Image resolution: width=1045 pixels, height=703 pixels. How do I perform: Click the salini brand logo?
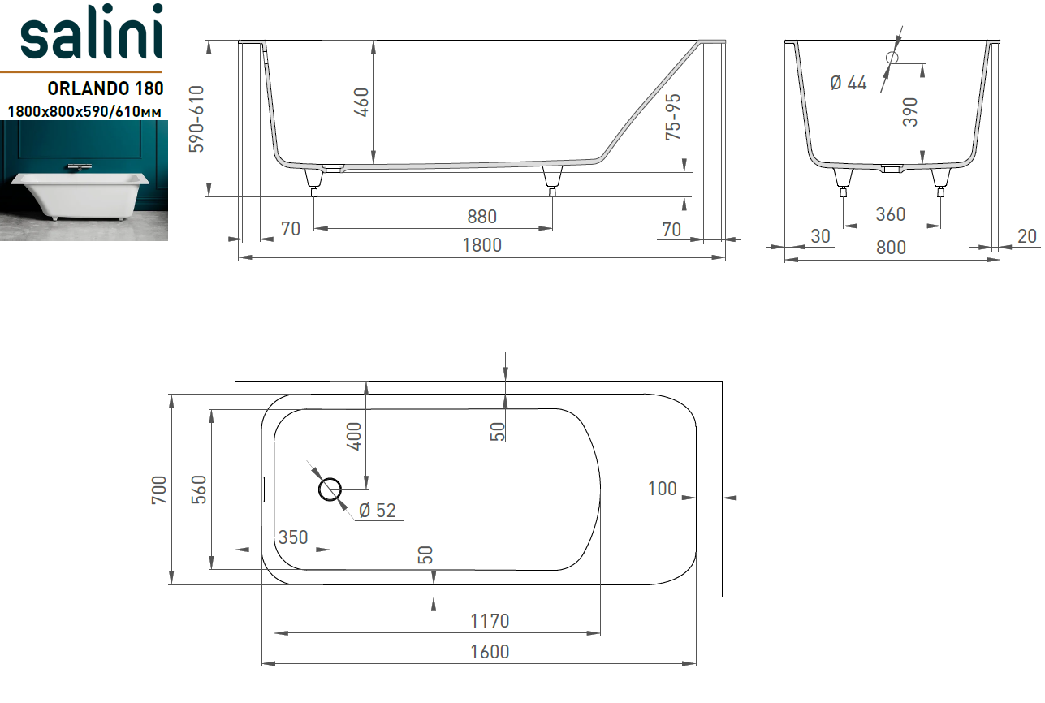(x=92, y=32)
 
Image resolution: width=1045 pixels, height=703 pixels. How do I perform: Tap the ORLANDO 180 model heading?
(x=106, y=88)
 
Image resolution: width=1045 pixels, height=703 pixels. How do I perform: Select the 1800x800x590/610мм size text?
(x=84, y=111)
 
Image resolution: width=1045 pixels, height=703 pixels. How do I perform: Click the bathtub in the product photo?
(x=80, y=196)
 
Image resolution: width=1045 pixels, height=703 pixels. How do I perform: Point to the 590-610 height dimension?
(x=196, y=119)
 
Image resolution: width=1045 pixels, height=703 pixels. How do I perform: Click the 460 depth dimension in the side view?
(x=361, y=102)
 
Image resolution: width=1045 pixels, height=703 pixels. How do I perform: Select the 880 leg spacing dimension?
(x=482, y=217)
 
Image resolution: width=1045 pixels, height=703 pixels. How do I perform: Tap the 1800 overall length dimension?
(x=482, y=245)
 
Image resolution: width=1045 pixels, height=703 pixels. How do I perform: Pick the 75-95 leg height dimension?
(x=673, y=117)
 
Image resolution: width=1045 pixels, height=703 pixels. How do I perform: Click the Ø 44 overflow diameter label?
(x=849, y=83)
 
